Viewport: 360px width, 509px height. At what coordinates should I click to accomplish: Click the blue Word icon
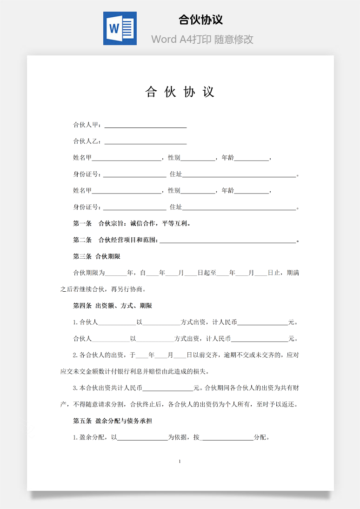coord(120,28)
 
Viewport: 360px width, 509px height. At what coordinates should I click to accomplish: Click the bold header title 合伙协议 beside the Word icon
coord(201,20)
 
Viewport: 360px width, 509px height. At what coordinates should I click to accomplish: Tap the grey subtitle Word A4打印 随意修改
coord(202,40)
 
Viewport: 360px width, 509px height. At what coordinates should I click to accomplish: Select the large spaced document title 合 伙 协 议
coord(180,92)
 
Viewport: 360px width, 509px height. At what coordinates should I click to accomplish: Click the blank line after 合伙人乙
coord(146,141)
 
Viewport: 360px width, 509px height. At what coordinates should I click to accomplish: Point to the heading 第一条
coord(82,223)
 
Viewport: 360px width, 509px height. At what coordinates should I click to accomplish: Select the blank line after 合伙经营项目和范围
coord(227,240)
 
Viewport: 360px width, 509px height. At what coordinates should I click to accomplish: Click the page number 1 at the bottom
coord(180,462)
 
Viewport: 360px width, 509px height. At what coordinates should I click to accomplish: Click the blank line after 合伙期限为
coord(116,273)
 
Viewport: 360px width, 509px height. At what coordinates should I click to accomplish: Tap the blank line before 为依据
coord(142,438)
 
